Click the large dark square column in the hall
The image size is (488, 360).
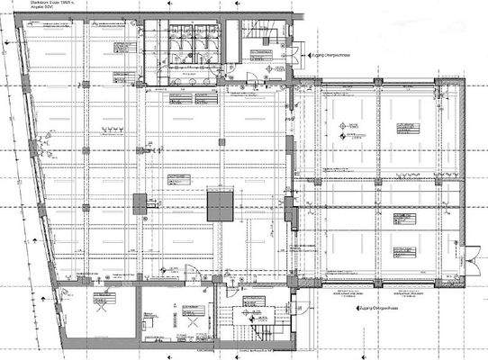coord(220,206)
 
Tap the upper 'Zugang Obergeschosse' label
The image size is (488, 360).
coord(336,55)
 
